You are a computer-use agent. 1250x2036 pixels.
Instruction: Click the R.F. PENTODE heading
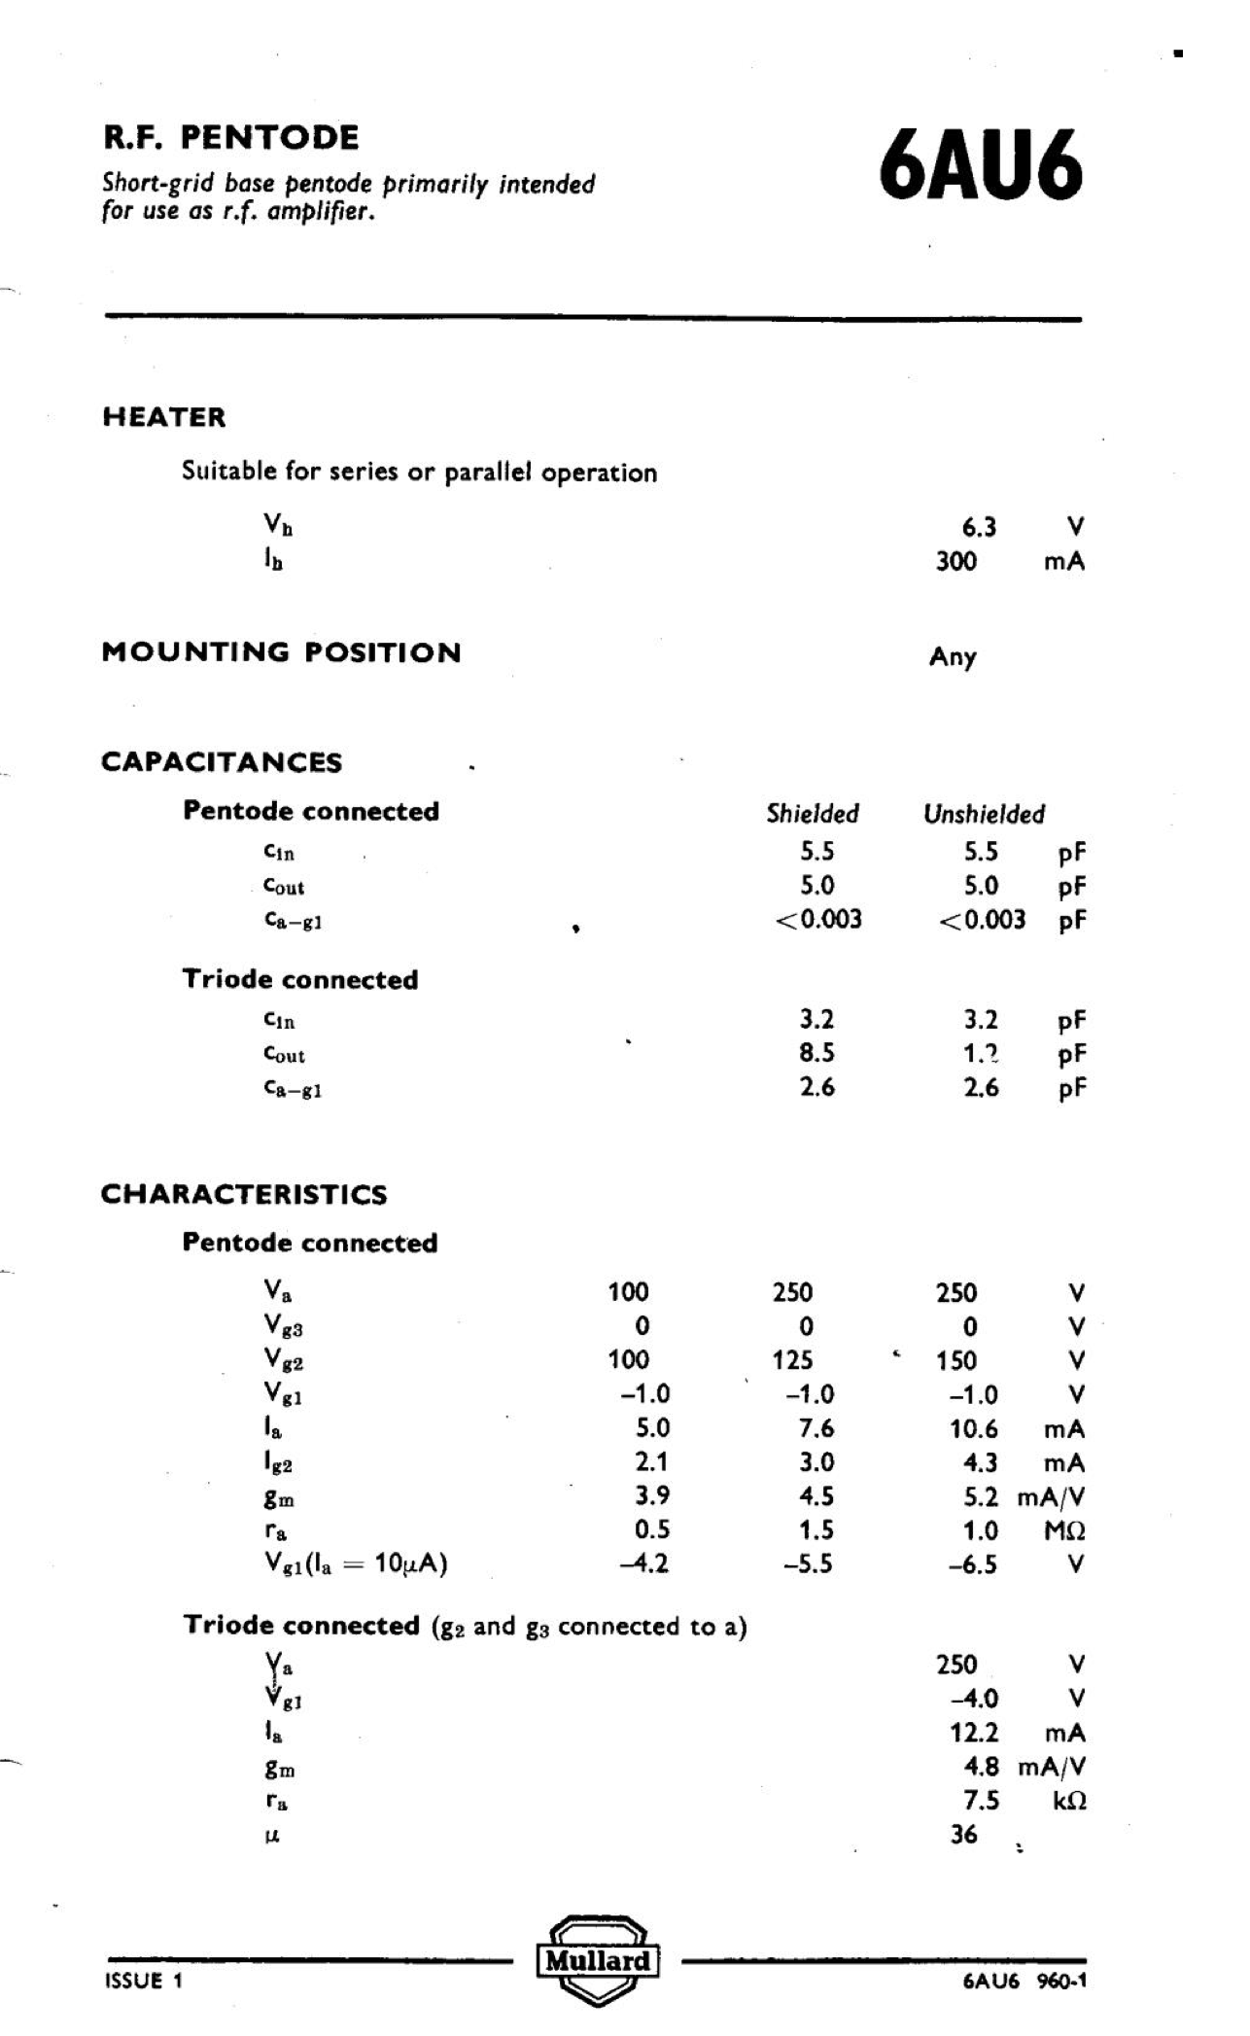pos(230,137)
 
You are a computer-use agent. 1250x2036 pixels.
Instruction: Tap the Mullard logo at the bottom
pos(598,1959)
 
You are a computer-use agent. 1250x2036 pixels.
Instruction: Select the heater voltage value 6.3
pos(979,527)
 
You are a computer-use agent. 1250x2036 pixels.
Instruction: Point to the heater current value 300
pos(955,561)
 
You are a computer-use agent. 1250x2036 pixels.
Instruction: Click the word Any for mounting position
pos(953,657)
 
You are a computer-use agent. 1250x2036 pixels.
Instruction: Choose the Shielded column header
pos(813,814)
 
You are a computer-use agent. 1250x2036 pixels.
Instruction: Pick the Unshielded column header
pos(984,814)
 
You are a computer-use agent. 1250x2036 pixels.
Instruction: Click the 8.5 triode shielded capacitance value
pos(816,1053)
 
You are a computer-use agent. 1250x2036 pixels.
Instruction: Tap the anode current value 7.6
pos(816,1428)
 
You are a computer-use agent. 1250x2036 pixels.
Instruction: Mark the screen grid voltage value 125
pos(792,1360)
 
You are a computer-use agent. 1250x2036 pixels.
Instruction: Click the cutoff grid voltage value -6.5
pos(973,1564)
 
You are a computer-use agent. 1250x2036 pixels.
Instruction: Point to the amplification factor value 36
pos(963,1835)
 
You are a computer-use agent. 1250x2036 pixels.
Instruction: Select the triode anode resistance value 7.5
pos(980,1801)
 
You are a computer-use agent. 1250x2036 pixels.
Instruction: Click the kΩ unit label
pos(1068,1801)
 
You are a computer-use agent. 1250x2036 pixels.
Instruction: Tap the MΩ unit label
pos(1064,1531)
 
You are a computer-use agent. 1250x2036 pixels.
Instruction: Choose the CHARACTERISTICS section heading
pos(244,1194)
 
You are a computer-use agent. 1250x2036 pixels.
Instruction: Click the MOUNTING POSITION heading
pos(281,652)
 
